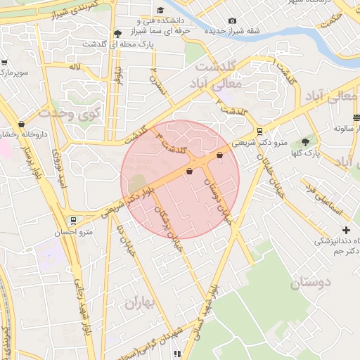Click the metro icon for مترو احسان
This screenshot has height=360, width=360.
tap(74, 220)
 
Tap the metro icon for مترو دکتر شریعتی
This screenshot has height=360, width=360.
tap(259, 131)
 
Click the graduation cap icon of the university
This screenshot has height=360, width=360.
tap(160, 10)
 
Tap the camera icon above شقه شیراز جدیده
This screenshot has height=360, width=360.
tap(233, 20)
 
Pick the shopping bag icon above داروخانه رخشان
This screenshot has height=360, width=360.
tap(21, 124)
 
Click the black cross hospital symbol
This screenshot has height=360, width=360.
tap(346, 230)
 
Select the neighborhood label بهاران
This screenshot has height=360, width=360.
tap(139, 303)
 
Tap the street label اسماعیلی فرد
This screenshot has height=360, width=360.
tap(322, 200)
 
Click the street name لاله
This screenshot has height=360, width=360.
tap(74, 67)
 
